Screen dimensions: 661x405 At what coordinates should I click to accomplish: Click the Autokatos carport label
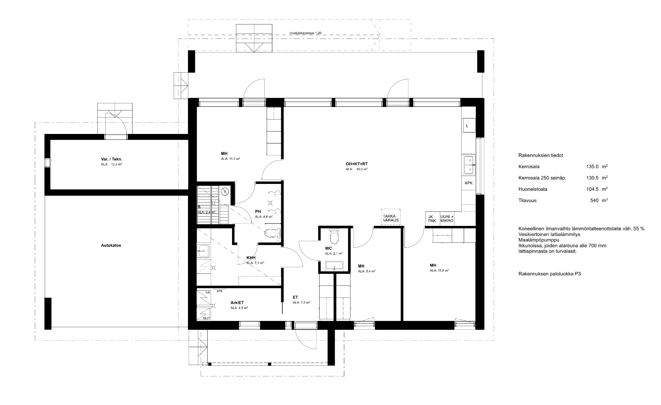click(x=111, y=246)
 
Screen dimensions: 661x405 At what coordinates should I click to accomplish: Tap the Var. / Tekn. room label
click(x=109, y=159)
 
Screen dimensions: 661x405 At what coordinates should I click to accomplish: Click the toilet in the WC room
click(x=334, y=237)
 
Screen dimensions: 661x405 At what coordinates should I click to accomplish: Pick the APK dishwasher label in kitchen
click(x=469, y=183)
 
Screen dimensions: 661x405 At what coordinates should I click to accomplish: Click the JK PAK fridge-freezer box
click(x=432, y=219)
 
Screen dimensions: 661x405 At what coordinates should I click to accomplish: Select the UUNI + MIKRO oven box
click(x=447, y=219)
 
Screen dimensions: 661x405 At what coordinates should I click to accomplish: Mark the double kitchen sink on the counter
click(x=469, y=165)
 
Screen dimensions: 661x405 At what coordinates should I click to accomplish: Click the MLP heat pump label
click(x=206, y=318)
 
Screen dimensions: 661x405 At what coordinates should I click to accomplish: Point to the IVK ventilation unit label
click(x=208, y=293)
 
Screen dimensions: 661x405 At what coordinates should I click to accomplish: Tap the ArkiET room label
click(x=237, y=303)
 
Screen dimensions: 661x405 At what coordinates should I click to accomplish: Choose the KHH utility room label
click(x=251, y=258)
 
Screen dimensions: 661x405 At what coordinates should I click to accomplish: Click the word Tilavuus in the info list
click(x=527, y=200)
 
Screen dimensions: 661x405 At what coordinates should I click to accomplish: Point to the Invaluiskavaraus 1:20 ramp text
click(x=305, y=33)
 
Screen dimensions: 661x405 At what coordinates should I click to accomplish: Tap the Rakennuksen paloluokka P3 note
click(x=549, y=274)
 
